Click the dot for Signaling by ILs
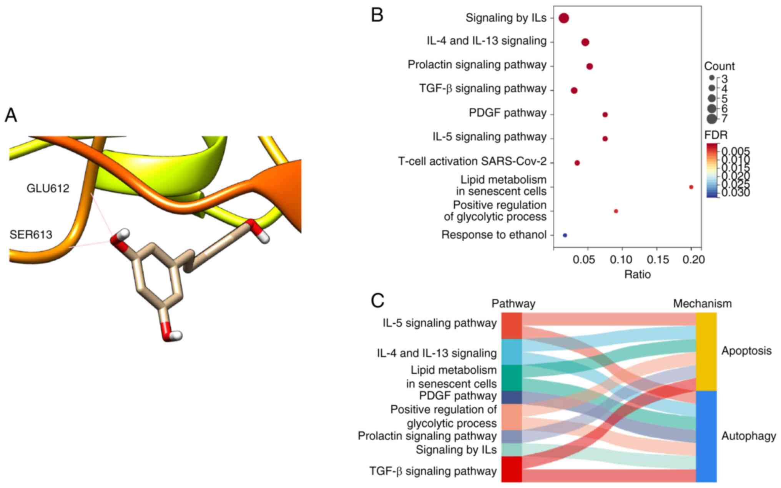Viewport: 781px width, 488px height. click(x=563, y=18)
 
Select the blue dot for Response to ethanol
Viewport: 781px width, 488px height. click(x=565, y=235)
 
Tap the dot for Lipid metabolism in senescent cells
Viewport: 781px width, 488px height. click(x=691, y=187)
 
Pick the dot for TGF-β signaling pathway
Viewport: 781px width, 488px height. click(x=574, y=90)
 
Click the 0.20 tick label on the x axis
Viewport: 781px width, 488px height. click(x=693, y=260)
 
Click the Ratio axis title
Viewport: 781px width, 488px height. click(x=637, y=274)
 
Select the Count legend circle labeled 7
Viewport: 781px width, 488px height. click(x=711, y=119)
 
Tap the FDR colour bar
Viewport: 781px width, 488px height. click(x=711, y=170)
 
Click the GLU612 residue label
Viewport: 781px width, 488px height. click(x=48, y=188)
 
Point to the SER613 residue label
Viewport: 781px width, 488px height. click(x=31, y=234)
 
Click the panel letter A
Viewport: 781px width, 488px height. click(x=11, y=115)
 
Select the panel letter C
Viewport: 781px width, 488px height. click(x=377, y=301)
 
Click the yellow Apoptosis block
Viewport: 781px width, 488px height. click(x=706, y=351)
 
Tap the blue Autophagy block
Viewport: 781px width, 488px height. click(x=706, y=436)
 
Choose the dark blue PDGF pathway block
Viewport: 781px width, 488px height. click(x=512, y=397)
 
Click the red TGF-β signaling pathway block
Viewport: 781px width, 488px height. click(x=512, y=469)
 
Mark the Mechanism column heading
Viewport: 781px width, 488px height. click(x=702, y=304)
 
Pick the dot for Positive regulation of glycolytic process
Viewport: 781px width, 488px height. click(x=616, y=211)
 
